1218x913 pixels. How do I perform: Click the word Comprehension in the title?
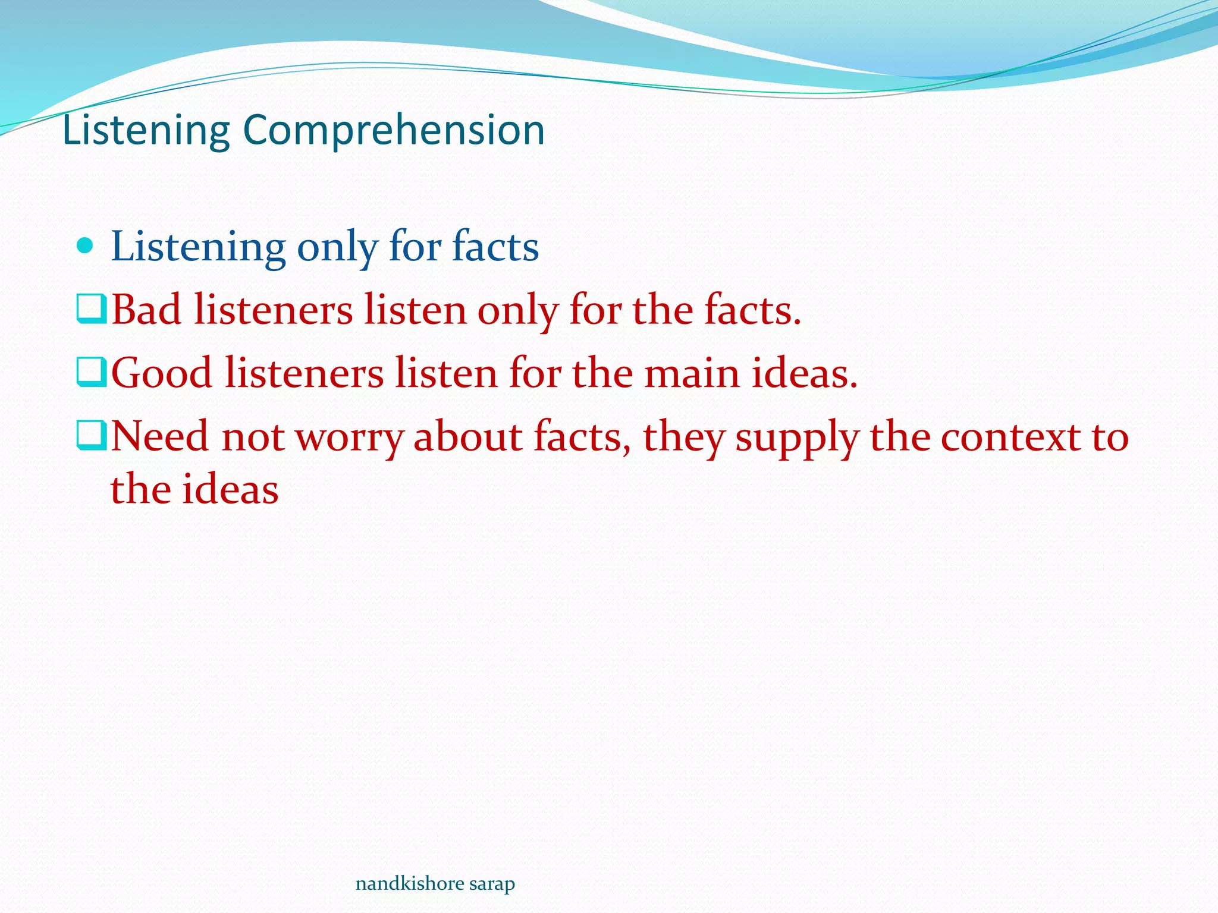coord(393,130)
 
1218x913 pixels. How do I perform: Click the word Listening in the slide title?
coord(146,130)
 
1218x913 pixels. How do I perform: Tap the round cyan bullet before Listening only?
coord(86,245)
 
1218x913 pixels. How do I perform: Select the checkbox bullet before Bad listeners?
coord(92,310)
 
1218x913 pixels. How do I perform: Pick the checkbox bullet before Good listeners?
coord(92,373)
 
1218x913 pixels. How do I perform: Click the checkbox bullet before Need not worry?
coord(92,437)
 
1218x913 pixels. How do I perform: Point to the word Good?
coord(162,373)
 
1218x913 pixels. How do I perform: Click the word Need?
coord(160,437)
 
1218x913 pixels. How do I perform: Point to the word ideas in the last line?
coord(230,489)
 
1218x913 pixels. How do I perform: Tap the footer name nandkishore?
coord(409,884)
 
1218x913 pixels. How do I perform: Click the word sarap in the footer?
coord(492,884)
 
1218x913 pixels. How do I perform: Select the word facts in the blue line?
coord(495,246)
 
